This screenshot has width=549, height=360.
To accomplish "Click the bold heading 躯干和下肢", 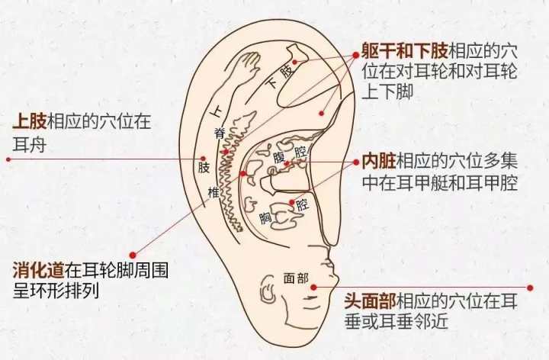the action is [x=405, y=52].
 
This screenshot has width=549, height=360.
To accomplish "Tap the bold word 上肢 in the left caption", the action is [x=30, y=121].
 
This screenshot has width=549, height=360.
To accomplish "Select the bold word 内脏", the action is [x=379, y=161].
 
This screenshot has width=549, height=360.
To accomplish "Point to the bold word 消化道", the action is [x=39, y=270].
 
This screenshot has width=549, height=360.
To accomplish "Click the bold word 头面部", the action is [x=371, y=301].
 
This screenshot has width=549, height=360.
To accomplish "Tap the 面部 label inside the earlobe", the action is [x=296, y=278].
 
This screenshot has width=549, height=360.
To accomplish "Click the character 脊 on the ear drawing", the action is [x=219, y=133].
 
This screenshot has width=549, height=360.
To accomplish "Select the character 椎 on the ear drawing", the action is [x=213, y=192].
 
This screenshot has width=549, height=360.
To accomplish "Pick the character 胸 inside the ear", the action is [x=266, y=218].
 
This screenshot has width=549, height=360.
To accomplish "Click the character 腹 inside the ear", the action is [x=279, y=157].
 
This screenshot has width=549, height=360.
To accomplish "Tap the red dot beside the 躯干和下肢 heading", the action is [x=356, y=55].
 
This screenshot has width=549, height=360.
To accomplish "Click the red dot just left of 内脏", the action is [x=356, y=162].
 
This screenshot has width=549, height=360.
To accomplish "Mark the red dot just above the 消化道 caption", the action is [x=133, y=255].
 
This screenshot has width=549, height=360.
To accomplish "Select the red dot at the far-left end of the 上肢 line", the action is [x=8, y=159].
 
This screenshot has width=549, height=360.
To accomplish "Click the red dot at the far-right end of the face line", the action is [x=530, y=288].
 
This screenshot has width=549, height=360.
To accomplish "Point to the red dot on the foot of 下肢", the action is [x=295, y=62].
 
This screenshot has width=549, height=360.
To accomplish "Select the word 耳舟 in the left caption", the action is [x=30, y=143].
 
